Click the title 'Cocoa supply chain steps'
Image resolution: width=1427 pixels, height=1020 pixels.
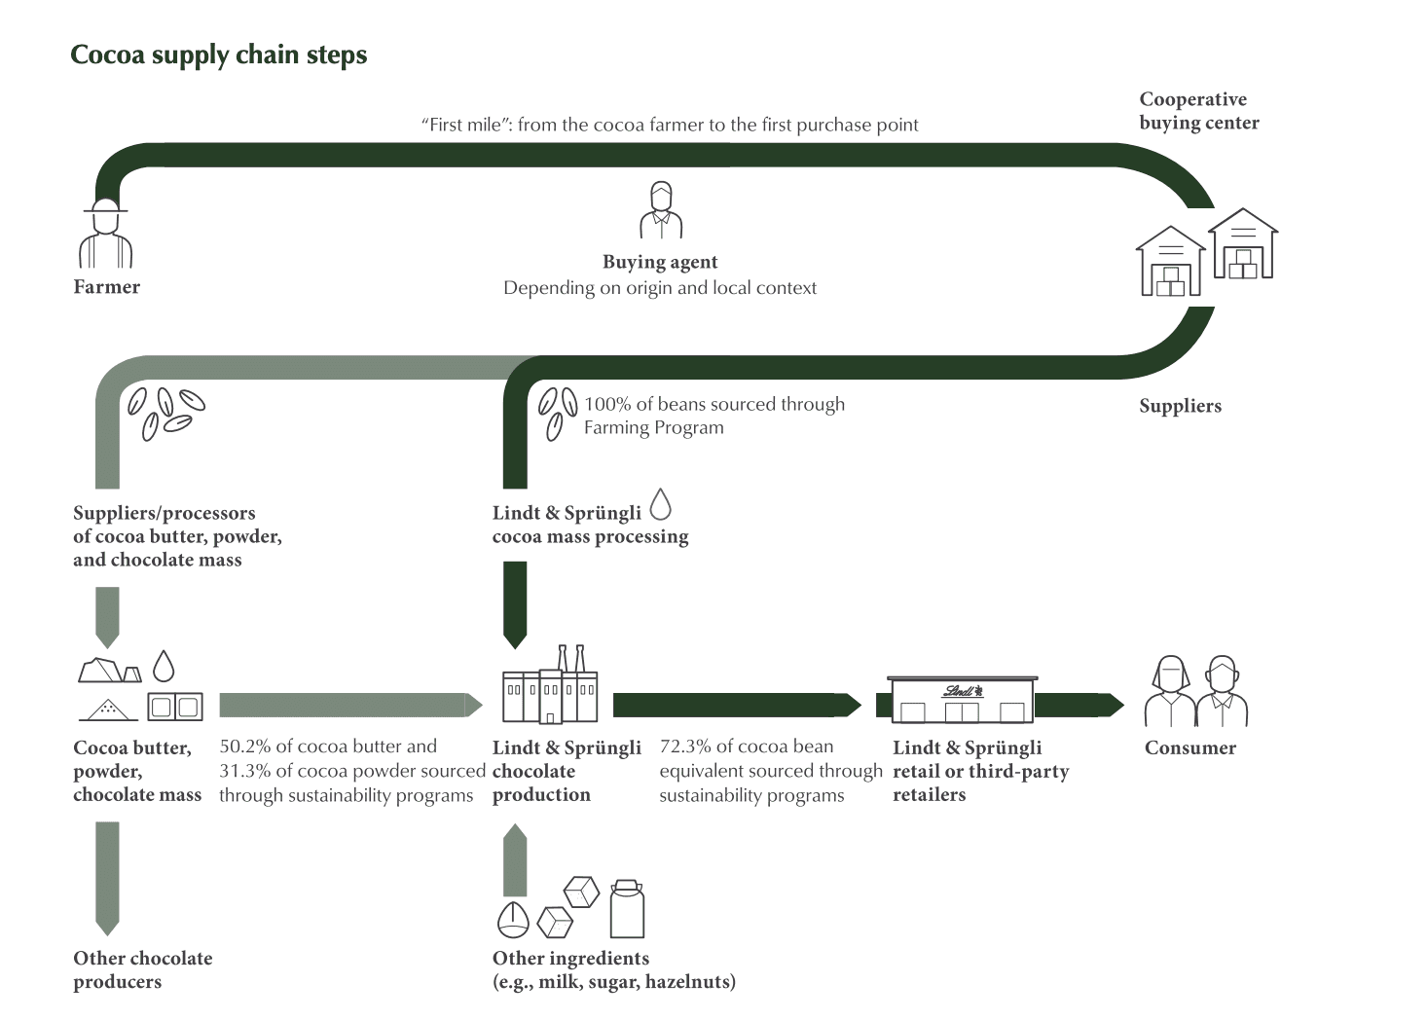pyautogui.click(x=218, y=55)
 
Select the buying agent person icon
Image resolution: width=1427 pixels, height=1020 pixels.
pyautogui.click(x=661, y=210)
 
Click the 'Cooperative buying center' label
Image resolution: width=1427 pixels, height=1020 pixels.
pyautogui.click(x=1199, y=111)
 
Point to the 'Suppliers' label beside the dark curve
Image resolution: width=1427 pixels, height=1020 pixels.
pyautogui.click(x=1180, y=406)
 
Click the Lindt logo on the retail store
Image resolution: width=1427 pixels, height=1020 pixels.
pyautogui.click(x=963, y=691)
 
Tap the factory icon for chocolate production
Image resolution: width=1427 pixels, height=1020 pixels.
pyautogui.click(x=550, y=685)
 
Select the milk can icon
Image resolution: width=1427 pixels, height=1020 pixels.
pyautogui.click(x=628, y=909)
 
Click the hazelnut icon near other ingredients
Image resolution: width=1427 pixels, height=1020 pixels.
pyautogui.click(x=513, y=921)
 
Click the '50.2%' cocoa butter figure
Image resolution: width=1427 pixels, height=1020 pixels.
pyautogui.click(x=245, y=747)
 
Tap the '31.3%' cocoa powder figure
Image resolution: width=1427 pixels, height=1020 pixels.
pyautogui.click(x=245, y=771)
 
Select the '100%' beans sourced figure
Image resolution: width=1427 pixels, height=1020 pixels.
pyautogui.click(x=607, y=404)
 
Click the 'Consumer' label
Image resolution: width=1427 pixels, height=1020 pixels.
pyautogui.click(x=1190, y=747)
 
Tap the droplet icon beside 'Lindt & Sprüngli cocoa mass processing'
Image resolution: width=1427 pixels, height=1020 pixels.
pyautogui.click(x=661, y=504)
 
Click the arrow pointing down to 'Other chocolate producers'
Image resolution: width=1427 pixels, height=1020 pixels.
pyautogui.click(x=108, y=879)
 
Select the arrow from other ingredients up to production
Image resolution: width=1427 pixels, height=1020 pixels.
pyautogui.click(x=515, y=860)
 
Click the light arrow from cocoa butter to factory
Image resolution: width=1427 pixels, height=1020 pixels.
pyautogui.click(x=351, y=706)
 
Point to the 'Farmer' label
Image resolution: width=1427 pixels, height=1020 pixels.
pyautogui.click(x=106, y=287)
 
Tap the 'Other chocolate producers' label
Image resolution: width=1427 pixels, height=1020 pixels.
pyautogui.click(x=143, y=969)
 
